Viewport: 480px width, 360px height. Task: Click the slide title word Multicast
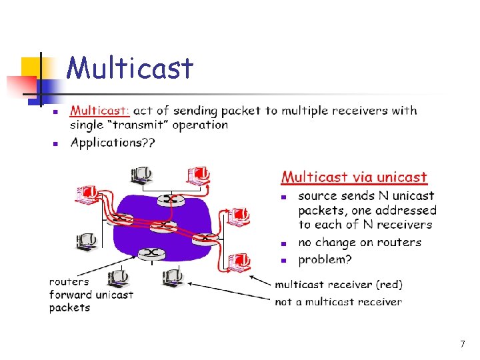(130, 68)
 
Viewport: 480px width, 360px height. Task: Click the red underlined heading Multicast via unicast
(353, 177)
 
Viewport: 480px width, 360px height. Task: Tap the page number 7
(462, 344)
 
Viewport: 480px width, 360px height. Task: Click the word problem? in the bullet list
(325, 259)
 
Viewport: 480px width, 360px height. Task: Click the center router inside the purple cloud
(163, 226)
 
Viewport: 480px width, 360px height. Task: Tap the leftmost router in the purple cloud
(121, 218)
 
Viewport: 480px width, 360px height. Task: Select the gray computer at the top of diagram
(142, 175)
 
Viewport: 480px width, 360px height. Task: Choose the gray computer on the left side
(87, 241)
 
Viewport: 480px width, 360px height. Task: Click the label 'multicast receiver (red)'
(339, 285)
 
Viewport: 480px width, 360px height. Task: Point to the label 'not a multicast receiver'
(338, 302)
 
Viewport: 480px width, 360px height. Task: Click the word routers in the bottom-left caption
(69, 281)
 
